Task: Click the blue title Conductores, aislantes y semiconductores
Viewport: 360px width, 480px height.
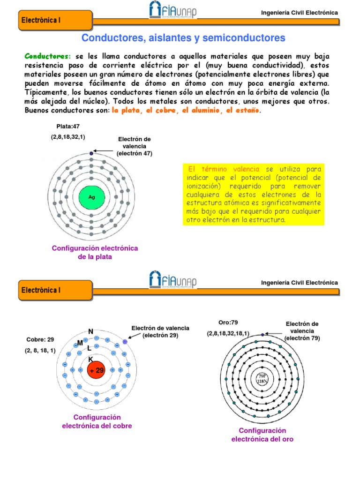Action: click(x=183, y=37)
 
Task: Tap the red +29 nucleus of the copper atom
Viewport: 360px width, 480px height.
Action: click(x=96, y=370)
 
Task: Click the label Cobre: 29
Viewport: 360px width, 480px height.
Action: click(x=39, y=339)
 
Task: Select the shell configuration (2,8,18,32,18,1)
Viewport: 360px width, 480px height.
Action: click(x=228, y=333)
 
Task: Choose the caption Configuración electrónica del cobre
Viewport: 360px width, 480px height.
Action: click(x=97, y=421)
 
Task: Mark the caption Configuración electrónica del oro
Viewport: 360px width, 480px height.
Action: click(x=262, y=435)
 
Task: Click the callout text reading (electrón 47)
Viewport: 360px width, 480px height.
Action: click(x=134, y=153)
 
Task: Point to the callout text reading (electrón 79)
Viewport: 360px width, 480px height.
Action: click(x=302, y=338)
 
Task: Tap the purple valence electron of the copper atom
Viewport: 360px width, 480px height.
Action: click(x=125, y=342)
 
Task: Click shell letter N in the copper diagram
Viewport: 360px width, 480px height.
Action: click(x=90, y=331)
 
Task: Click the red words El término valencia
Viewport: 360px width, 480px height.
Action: click(x=218, y=168)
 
